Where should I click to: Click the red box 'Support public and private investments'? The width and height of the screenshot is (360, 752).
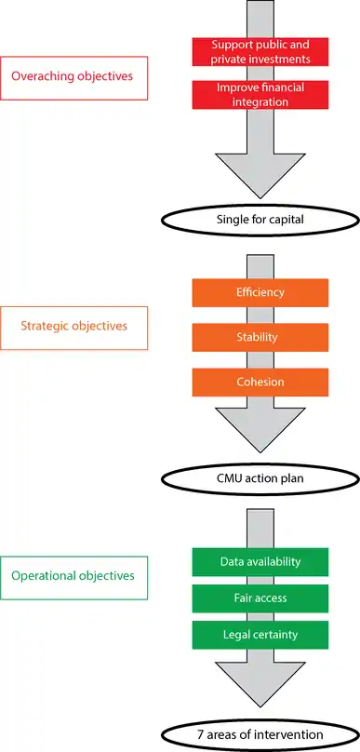click(x=260, y=52)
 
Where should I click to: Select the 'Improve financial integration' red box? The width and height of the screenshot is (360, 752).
click(x=260, y=95)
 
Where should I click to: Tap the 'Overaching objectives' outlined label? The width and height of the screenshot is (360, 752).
click(x=73, y=77)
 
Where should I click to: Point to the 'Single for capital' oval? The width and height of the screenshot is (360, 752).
click(x=260, y=221)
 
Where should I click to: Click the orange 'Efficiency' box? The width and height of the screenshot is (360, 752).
click(x=260, y=292)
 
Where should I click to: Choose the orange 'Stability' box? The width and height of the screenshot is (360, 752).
click(x=260, y=337)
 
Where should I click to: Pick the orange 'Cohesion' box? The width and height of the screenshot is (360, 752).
click(x=260, y=383)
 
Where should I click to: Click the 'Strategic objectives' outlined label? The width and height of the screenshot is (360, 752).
click(x=73, y=328)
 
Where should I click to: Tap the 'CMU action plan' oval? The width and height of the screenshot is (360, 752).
click(x=260, y=479)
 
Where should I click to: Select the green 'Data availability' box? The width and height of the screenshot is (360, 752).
click(x=260, y=561)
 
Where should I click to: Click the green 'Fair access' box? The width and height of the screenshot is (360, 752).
click(x=260, y=598)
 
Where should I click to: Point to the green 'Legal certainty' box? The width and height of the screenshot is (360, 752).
click(x=260, y=635)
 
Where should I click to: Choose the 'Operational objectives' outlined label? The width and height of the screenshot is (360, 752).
click(x=73, y=578)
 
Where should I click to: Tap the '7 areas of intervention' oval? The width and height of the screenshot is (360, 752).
click(x=260, y=734)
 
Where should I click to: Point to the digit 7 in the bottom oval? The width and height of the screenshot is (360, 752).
click(x=201, y=734)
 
